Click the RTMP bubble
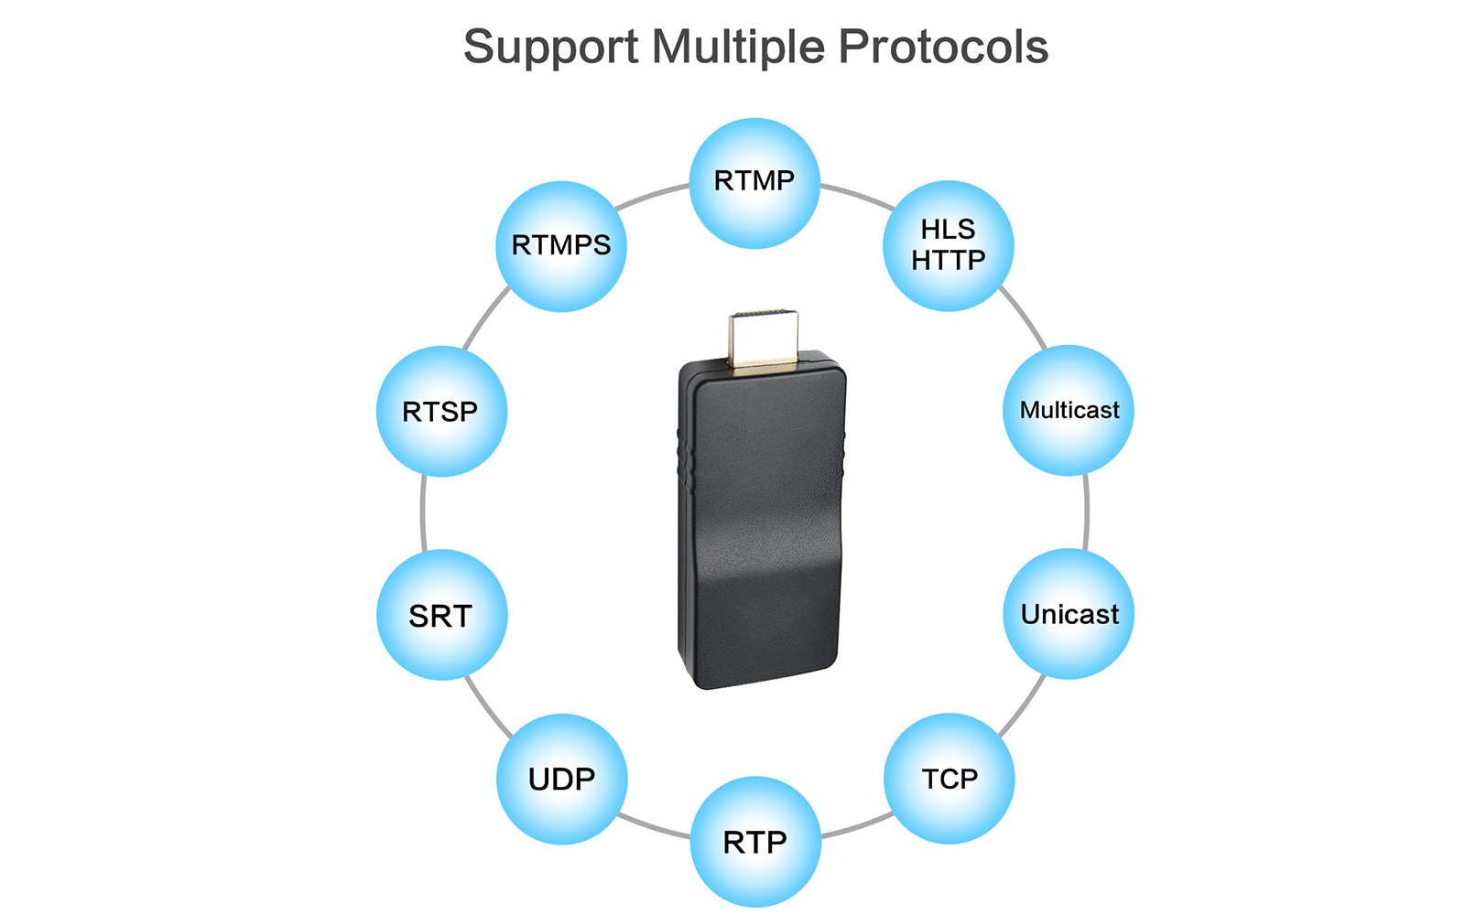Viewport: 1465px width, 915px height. click(754, 184)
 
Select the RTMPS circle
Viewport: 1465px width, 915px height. click(561, 246)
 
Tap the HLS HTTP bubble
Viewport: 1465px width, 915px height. click(949, 246)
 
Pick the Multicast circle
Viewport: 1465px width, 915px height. click(1069, 411)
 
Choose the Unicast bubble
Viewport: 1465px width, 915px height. click(1069, 614)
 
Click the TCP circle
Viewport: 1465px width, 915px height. click(949, 779)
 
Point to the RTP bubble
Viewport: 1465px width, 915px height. click(755, 842)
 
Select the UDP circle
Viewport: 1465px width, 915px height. click(562, 779)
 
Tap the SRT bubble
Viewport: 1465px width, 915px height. click(442, 615)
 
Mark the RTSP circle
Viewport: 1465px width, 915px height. click(441, 411)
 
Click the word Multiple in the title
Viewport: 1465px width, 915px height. click(738, 47)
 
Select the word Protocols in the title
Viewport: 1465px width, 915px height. click(944, 47)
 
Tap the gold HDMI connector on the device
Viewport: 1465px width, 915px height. click(764, 339)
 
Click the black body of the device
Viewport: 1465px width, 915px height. click(762, 522)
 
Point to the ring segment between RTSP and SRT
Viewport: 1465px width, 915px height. click(423, 513)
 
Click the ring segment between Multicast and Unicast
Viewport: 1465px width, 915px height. click(1086, 512)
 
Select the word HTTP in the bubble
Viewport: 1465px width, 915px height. click(949, 261)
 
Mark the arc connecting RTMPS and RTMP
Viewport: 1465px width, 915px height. click(652, 196)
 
